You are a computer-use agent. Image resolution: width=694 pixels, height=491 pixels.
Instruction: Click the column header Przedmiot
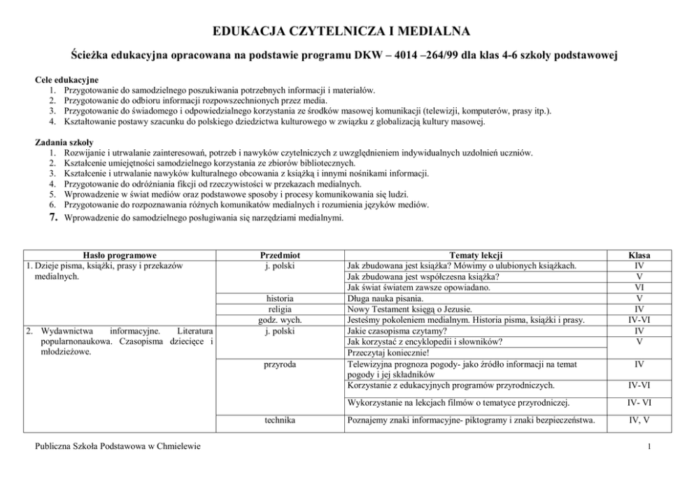pos(280,256)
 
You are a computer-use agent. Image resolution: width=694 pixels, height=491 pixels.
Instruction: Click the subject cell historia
pos(280,298)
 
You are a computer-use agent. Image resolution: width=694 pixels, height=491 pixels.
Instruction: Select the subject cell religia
pos(280,309)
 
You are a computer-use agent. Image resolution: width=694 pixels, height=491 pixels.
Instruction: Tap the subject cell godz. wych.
pos(280,320)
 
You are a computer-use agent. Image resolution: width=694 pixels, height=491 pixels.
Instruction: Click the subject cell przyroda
pos(280,364)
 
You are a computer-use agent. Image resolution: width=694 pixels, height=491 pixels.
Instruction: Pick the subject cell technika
pos(280,420)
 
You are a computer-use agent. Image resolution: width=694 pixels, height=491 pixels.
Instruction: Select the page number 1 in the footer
pos(650,447)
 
